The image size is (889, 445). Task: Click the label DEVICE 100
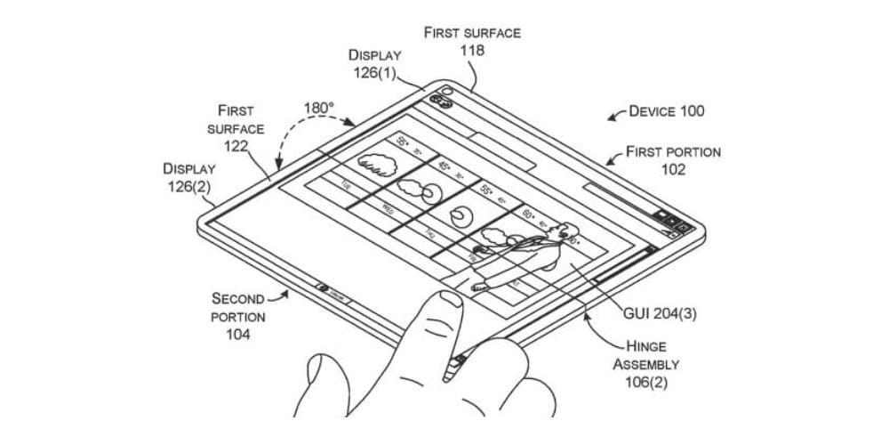(x=666, y=111)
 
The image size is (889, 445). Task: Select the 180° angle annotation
(x=318, y=108)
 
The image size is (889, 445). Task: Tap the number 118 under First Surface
(x=472, y=51)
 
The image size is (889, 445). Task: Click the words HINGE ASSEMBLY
(x=646, y=356)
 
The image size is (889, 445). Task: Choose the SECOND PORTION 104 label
(x=237, y=316)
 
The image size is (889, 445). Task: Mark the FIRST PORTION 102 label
(x=673, y=161)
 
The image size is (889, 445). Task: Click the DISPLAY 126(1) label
(x=372, y=64)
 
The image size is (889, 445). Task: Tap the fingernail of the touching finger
(x=450, y=299)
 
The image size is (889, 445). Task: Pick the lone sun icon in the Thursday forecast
(x=461, y=214)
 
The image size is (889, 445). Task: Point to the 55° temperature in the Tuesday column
(x=403, y=141)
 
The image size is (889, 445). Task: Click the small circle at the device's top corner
(x=446, y=92)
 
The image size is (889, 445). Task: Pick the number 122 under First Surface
(x=235, y=146)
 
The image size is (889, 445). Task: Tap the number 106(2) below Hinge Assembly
(x=646, y=384)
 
